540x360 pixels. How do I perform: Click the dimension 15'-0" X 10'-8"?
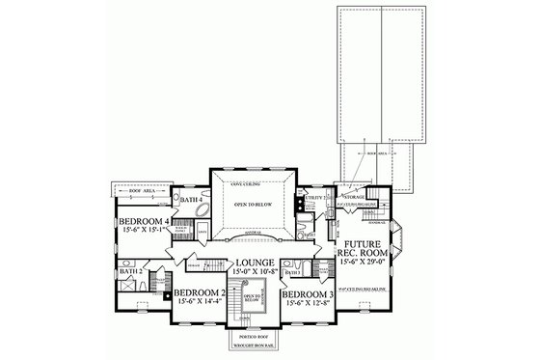tap(256, 273)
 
